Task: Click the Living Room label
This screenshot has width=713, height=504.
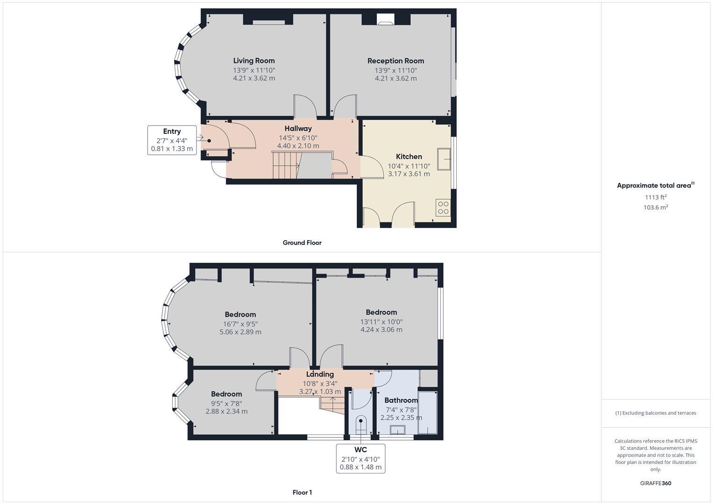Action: tap(254, 61)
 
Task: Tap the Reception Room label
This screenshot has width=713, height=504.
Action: tap(395, 61)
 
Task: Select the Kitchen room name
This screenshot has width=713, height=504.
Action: tap(409, 156)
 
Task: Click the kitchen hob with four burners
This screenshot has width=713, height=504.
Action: tap(443, 208)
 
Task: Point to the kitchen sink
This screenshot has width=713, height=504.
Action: tap(444, 159)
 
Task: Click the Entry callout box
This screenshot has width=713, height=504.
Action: tap(172, 140)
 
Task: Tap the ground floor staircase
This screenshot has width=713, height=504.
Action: tap(285, 166)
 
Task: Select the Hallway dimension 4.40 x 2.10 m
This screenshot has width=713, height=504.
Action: tap(298, 146)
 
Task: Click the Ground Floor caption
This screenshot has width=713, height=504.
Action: tap(302, 243)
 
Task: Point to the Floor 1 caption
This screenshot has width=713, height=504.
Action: tap(302, 492)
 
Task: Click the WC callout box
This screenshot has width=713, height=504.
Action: tap(360, 458)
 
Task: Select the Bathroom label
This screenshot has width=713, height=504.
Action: tap(401, 400)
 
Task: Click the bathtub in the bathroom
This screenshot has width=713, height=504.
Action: tap(427, 413)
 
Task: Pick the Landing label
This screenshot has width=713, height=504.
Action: tap(320, 374)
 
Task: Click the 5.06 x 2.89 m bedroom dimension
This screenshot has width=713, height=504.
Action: tap(240, 332)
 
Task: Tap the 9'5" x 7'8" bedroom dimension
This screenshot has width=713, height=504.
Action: tap(226, 403)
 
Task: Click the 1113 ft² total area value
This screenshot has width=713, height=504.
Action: tap(656, 197)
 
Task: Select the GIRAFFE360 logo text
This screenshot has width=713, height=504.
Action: tap(656, 483)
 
